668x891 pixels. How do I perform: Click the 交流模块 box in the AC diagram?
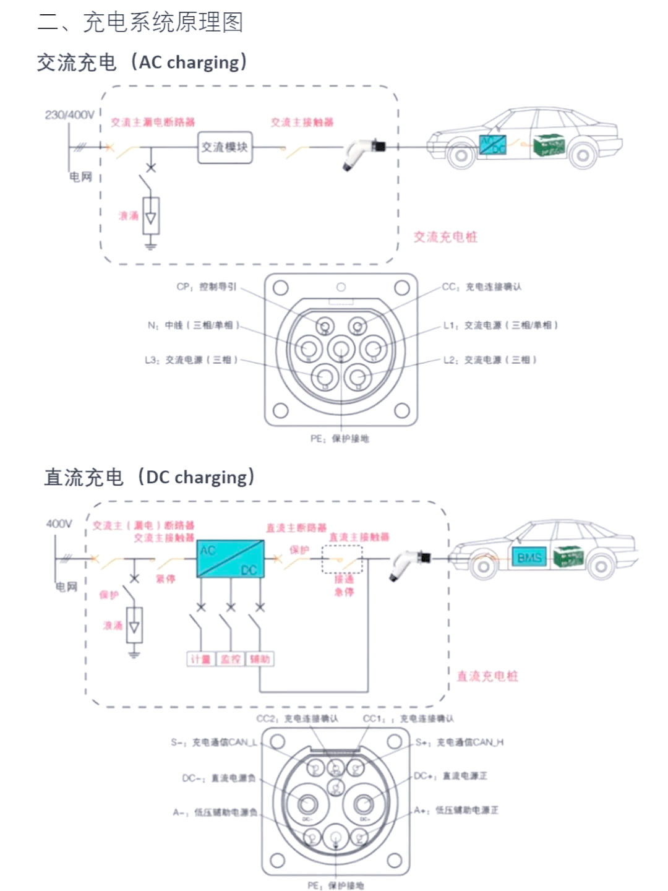point(225,147)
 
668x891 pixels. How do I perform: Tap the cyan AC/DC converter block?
point(230,559)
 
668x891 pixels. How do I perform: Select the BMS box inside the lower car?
point(529,557)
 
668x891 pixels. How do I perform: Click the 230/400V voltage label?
point(69,115)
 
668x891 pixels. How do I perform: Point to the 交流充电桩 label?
point(445,237)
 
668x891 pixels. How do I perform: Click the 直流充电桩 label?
point(487,676)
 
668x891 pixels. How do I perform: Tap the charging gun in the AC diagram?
point(362,152)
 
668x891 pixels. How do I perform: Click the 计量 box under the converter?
point(200,659)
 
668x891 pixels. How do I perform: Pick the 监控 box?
point(230,659)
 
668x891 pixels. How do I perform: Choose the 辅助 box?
point(260,659)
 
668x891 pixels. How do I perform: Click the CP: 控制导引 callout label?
point(206,287)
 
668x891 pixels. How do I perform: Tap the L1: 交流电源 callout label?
point(500,325)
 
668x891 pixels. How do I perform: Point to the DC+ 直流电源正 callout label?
point(450,776)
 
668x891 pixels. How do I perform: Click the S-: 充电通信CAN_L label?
point(214,742)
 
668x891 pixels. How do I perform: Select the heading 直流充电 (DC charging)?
point(149,477)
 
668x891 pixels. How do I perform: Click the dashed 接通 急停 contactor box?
point(342,559)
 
